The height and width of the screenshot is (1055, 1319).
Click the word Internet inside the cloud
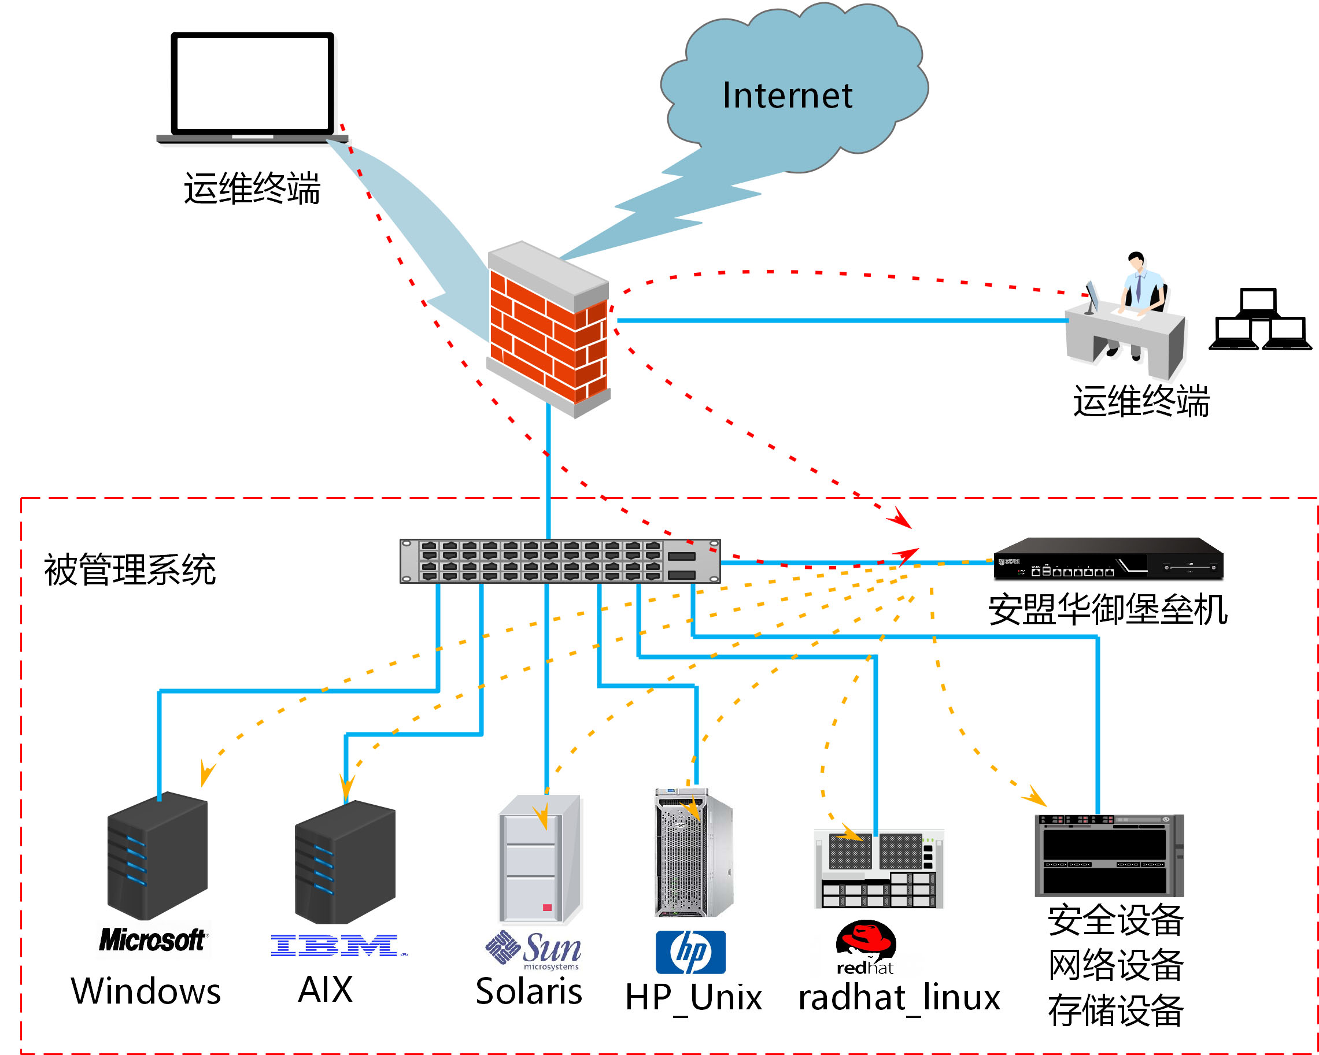(787, 95)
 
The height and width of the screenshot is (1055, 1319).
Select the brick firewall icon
(548, 330)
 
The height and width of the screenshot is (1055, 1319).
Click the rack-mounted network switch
(560, 561)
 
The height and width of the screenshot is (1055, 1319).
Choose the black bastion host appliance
(1107, 558)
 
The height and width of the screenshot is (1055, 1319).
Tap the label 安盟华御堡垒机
(1107, 610)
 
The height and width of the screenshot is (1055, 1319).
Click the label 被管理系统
(130, 569)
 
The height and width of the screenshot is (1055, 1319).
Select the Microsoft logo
(152, 940)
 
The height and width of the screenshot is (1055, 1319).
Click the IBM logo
(337, 946)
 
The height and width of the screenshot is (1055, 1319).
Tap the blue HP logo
(690, 952)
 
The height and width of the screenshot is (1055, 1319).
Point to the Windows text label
(146, 991)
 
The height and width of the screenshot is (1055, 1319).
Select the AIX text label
(326, 990)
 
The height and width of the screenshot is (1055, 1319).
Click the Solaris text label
(529, 991)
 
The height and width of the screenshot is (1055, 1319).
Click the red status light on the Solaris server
(547, 908)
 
